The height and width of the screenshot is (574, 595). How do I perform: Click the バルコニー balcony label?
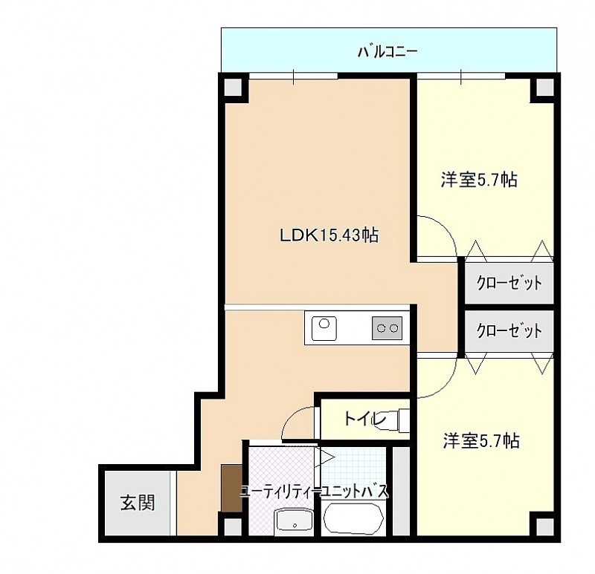tap(387, 51)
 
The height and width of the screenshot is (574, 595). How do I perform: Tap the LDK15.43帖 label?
tap(329, 235)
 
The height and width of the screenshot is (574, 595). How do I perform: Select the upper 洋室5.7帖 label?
tap(479, 179)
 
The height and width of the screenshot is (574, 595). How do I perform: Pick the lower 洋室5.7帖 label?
tap(481, 440)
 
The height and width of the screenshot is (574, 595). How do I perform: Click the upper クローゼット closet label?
tap(509, 283)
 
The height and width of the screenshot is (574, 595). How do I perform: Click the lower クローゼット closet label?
tap(509, 330)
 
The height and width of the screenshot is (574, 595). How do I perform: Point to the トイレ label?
tap(364, 419)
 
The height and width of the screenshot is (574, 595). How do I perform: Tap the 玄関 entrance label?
tap(138, 503)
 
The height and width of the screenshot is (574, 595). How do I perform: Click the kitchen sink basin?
tap(324, 328)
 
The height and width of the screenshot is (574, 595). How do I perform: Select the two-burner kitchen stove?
tap(387, 327)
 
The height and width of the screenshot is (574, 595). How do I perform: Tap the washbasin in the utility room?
tap(294, 521)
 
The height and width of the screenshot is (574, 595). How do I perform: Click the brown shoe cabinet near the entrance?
tap(231, 488)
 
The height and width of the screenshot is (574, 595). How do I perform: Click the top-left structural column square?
tap(234, 87)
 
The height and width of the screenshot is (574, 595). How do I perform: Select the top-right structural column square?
tap(545, 87)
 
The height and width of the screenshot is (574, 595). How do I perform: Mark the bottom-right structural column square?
tap(545, 527)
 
